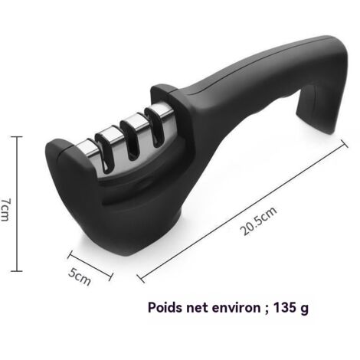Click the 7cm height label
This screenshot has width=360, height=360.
[x=5, y=210]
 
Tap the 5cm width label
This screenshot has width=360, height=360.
[x=80, y=277]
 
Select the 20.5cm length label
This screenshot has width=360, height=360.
[x=258, y=221]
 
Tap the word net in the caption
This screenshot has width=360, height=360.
[x=197, y=308]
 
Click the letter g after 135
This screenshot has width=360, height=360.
[x=304, y=309]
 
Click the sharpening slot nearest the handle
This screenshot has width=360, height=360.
[x=155, y=128]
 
